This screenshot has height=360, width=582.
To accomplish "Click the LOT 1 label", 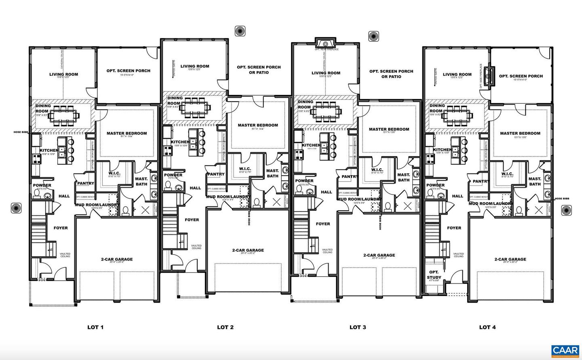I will point(95,327).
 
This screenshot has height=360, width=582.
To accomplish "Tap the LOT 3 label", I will point(357,327).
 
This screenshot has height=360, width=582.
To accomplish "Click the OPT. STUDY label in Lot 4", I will point(434,275).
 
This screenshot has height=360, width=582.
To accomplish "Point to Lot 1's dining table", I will point(65,115).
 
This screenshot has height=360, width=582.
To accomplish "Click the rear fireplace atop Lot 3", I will point(325,43).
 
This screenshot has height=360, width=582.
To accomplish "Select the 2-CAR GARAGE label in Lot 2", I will point(248,250).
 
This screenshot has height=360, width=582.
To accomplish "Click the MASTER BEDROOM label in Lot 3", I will point(389,129).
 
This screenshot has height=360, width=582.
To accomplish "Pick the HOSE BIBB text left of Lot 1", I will point(20,132).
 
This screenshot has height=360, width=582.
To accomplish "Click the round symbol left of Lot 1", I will point(16,208).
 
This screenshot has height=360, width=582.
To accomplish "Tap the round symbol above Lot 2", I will point(240,31).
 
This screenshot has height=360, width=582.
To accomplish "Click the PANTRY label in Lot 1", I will point(86,183).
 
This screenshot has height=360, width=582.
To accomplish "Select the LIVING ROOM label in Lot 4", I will point(457,74).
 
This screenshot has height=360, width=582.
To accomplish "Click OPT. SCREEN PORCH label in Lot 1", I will point(128,71).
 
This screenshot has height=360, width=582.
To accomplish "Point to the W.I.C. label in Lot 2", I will point(245,169).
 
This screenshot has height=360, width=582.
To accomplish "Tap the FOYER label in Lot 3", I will point(323,224).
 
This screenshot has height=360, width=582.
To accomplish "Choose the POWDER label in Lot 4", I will point(435,185).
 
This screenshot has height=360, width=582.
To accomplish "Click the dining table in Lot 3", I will point(326,110).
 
